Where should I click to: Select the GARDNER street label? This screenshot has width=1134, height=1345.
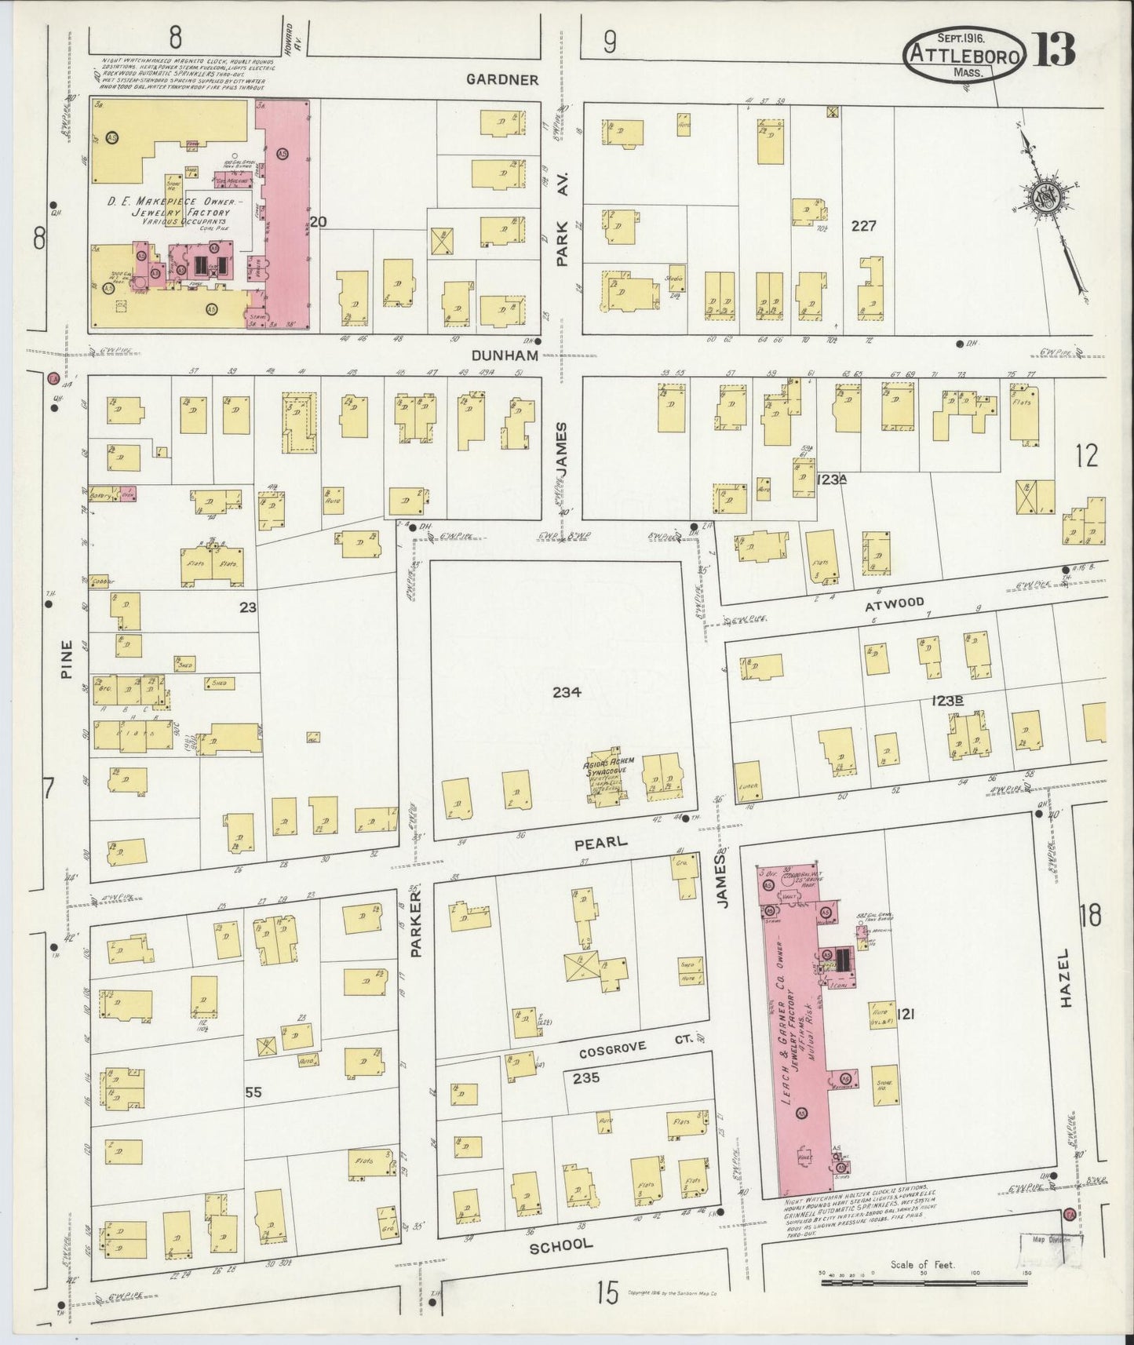pyautogui.click(x=501, y=79)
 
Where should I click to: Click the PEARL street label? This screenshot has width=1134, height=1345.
pyautogui.click(x=600, y=842)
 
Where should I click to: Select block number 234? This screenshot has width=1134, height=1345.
pyautogui.click(x=566, y=692)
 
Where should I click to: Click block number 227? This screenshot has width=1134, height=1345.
pyautogui.click(x=863, y=226)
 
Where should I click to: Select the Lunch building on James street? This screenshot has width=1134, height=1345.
pyautogui.click(x=748, y=782)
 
